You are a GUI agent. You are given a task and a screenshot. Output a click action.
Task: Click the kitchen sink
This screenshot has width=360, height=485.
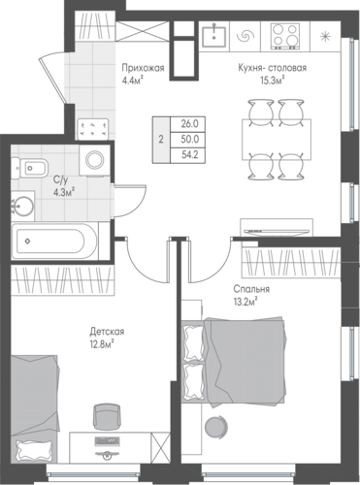pyautogui.click(x=213, y=37)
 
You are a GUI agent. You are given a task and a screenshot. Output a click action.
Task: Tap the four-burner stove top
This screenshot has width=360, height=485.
pyautogui.click(x=284, y=37)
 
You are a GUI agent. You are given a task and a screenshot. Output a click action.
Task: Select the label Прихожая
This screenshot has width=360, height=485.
pyautogui.click(x=143, y=68)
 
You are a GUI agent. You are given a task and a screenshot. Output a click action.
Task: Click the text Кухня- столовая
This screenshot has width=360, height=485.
pyautogui.click(x=273, y=68)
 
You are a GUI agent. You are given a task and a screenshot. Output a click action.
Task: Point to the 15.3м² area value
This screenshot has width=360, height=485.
pyautogui.click(x=273, y=81)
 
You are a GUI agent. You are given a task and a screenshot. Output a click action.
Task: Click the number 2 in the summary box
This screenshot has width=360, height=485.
pyautogui.click(x=161, y=140)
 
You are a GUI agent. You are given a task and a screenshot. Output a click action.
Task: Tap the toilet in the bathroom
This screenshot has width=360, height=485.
pyautogui.click(x=29, y=168)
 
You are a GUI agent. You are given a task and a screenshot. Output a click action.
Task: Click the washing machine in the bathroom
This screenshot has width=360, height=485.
pyautogui.click(x=95, y=160)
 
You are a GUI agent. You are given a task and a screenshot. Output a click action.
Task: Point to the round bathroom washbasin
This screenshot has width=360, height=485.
pyautogui.click(x=22, y=207)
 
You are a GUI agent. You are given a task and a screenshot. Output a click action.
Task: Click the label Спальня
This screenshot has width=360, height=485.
pyautogui.click(x=251, y=289)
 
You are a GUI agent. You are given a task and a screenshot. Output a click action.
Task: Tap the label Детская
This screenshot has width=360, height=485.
pyautogui.click(x=107, y=332)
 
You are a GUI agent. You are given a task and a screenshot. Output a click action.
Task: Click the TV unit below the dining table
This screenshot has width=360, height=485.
pyautogui.click(x=277, y=228)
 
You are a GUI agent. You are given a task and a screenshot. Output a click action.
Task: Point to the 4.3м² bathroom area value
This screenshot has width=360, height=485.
pyautogui.click(x=64, y=193)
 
